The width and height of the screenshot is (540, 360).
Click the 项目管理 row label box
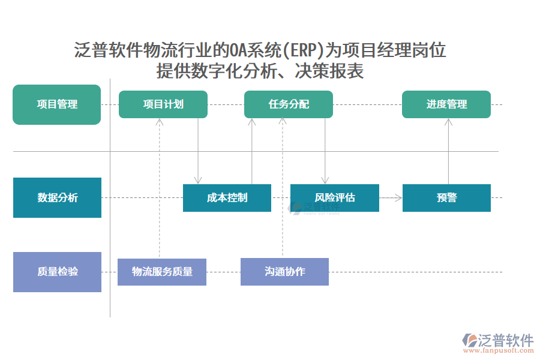point(57,104)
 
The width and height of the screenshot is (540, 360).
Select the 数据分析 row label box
point(57,197)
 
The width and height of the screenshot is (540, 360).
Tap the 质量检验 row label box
point(57,272)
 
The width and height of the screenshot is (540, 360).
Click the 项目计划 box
point(163,104)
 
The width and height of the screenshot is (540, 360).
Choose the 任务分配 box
point(289,104)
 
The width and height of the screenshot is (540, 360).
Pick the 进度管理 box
point(446,104)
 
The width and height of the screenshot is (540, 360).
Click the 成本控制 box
point(227,198)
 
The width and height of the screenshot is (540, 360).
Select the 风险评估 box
point(335,198)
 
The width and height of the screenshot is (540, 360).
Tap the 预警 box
point(446,198)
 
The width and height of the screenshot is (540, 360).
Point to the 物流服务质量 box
point(162,272)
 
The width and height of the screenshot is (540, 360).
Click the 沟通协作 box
point(284,272)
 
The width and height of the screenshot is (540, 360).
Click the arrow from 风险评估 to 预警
point(391,197)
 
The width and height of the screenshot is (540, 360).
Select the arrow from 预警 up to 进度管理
point(448,150)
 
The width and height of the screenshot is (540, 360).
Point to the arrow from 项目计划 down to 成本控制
point(198,150)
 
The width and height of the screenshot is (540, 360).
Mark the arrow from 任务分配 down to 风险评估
point(325,150)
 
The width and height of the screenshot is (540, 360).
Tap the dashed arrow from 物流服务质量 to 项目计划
point(160,186)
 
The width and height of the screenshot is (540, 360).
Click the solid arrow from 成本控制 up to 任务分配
point(252,150)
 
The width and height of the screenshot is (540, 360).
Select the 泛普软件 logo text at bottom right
point(506,340)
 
